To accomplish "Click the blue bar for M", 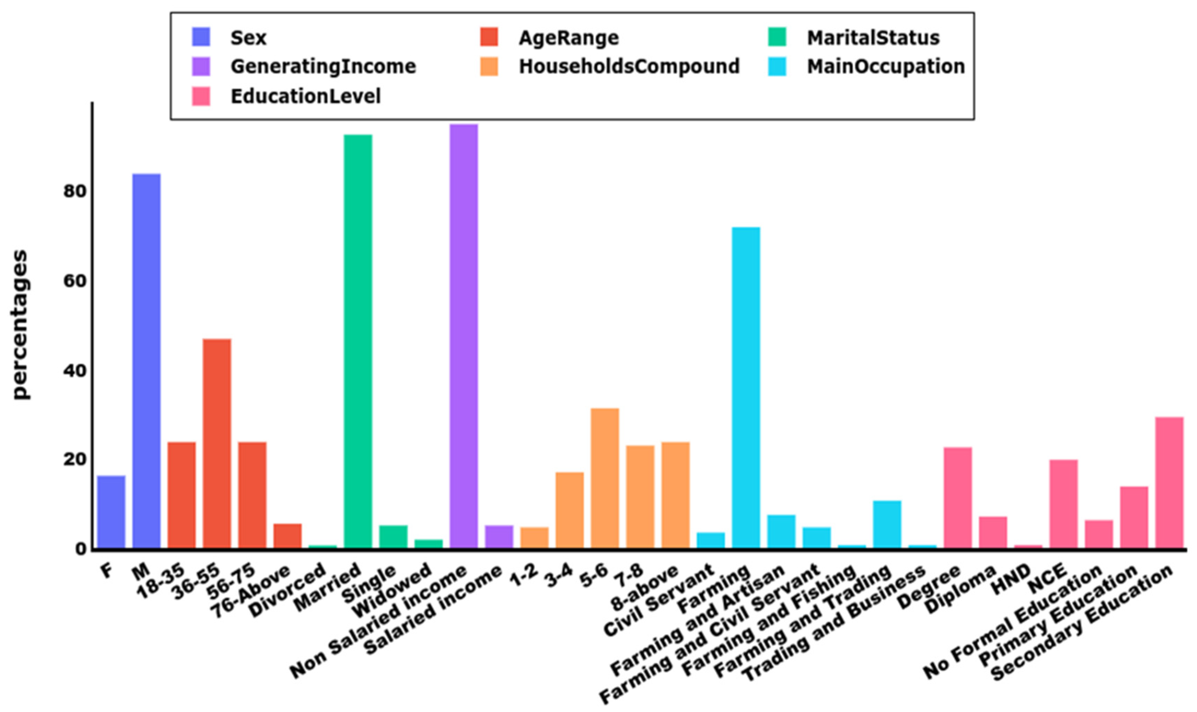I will click(x=146, y=360).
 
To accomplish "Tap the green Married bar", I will click(x=358, y=341).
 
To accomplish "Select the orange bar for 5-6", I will click(x=605, y=478).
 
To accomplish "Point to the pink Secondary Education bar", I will click(x=1169, y=482).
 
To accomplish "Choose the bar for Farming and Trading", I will click(x=887, y=524).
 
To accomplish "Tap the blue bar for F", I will click(x=111, y=512).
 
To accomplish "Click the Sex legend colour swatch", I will click(x=201, y=37).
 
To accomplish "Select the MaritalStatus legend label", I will click(x=873, y=38).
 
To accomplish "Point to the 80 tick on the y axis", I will click(x=74, y=191).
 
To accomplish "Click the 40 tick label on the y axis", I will click(x=74, y=370).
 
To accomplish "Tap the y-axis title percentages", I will click(x=20, y=325).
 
